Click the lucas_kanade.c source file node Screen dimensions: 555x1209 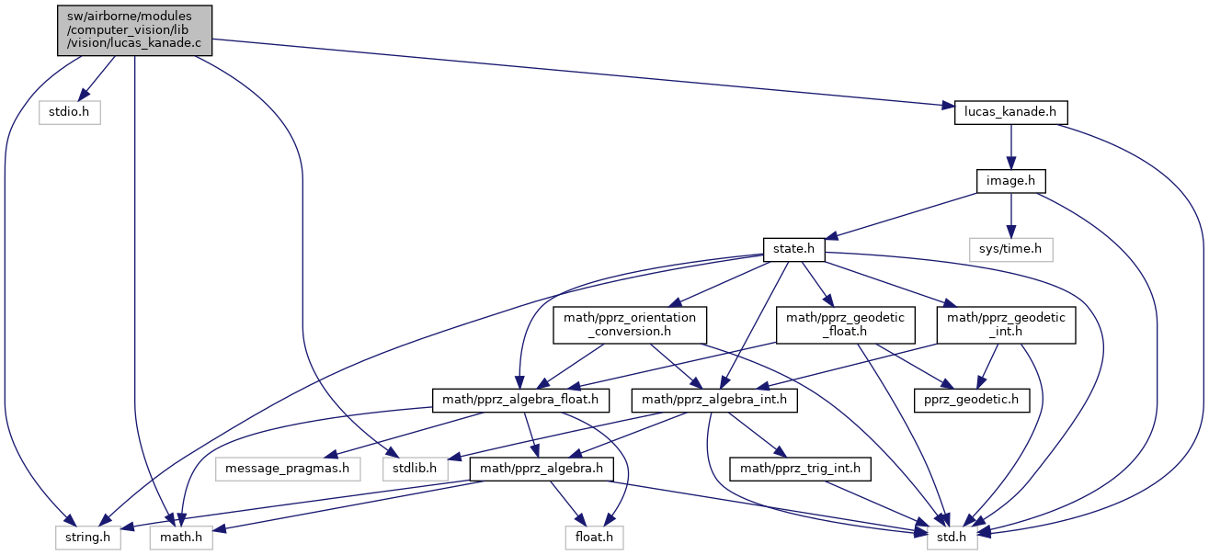coord(135,30)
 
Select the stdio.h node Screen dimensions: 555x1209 coord(69,112)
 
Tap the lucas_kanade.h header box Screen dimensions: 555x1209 coord(1010,112)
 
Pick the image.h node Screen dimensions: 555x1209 coord(1010,181)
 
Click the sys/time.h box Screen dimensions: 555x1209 coord(1010,249)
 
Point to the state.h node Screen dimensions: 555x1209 coord(793,249)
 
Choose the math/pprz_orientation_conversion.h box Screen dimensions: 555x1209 coord(630,325)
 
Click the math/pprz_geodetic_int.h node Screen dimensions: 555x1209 coord(1005,325)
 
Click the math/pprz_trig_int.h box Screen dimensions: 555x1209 coord(800,469)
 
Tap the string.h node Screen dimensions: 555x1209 coord(86,536)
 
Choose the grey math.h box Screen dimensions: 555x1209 coord(181,536)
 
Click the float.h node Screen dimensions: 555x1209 coord(594,536)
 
